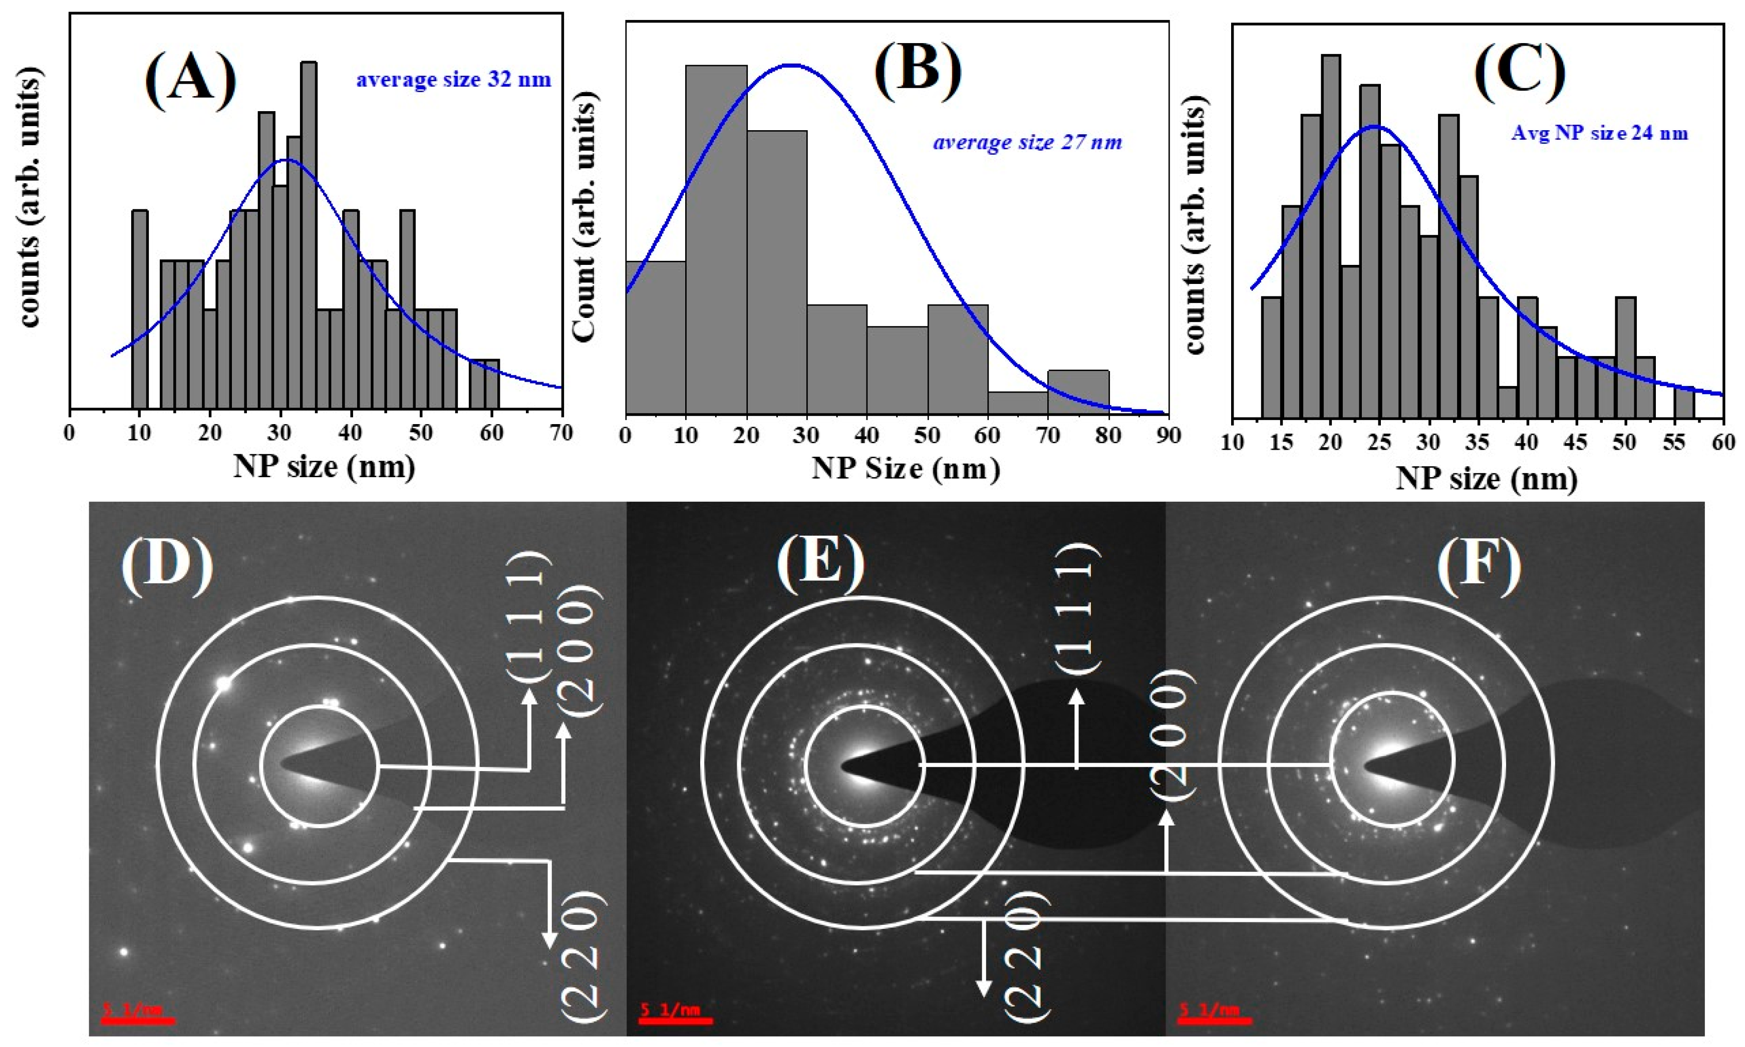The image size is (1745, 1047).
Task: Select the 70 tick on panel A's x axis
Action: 561,433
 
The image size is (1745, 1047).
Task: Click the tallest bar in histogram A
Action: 309,233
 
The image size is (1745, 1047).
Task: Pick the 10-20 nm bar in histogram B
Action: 716,240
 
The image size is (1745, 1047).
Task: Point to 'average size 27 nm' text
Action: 1027,143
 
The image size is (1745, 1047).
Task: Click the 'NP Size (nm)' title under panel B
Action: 906,469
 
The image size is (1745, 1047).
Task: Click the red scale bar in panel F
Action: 1215,1019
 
